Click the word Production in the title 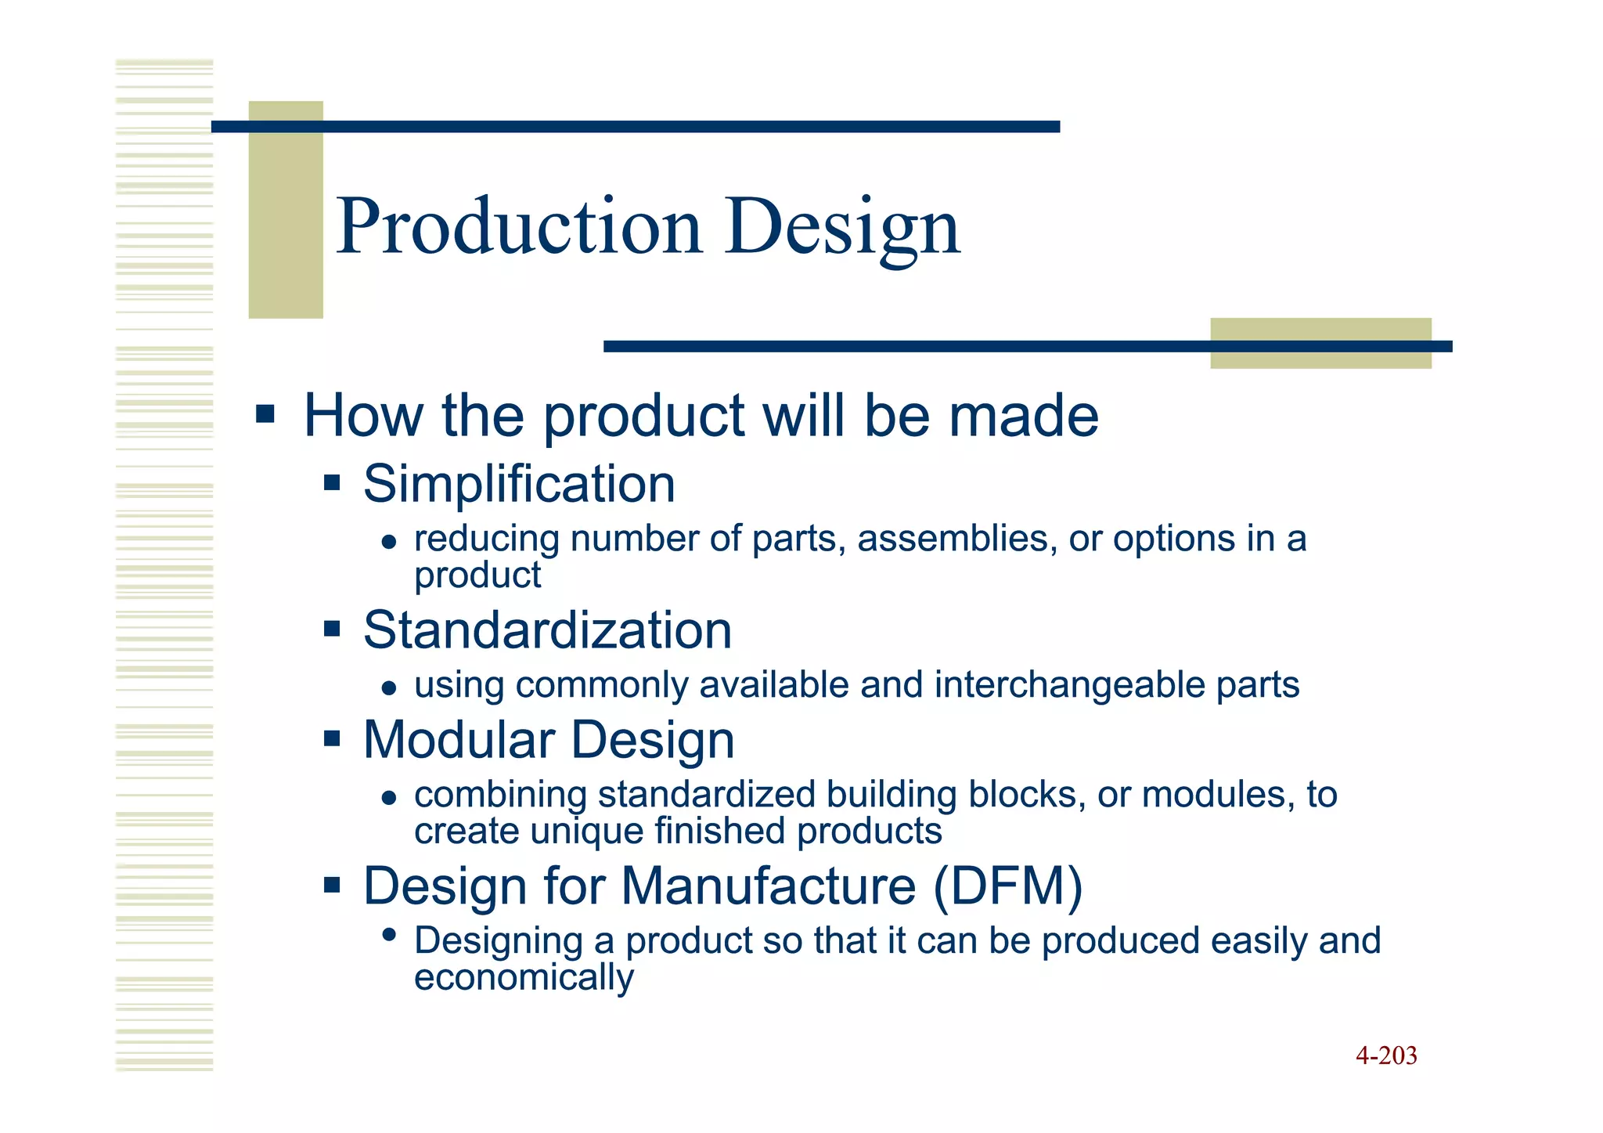[x=519, y=227]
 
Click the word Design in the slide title [x=842, y=227]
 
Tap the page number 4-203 [x=1386, y=1055]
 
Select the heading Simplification [x=519, y=484]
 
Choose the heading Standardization [x=547, y=630]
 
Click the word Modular [x=459, y=740]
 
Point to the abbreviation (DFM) [x=1007, y=886]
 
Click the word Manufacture [x=768, y=886]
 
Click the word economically [x=524, y=978]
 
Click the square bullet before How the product [x=265, y=413]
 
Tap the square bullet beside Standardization [x=332, y=629]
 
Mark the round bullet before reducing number [x=389, y=542]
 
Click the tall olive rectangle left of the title [x=286, y=210]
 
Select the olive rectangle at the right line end [x=1320, y=344]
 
